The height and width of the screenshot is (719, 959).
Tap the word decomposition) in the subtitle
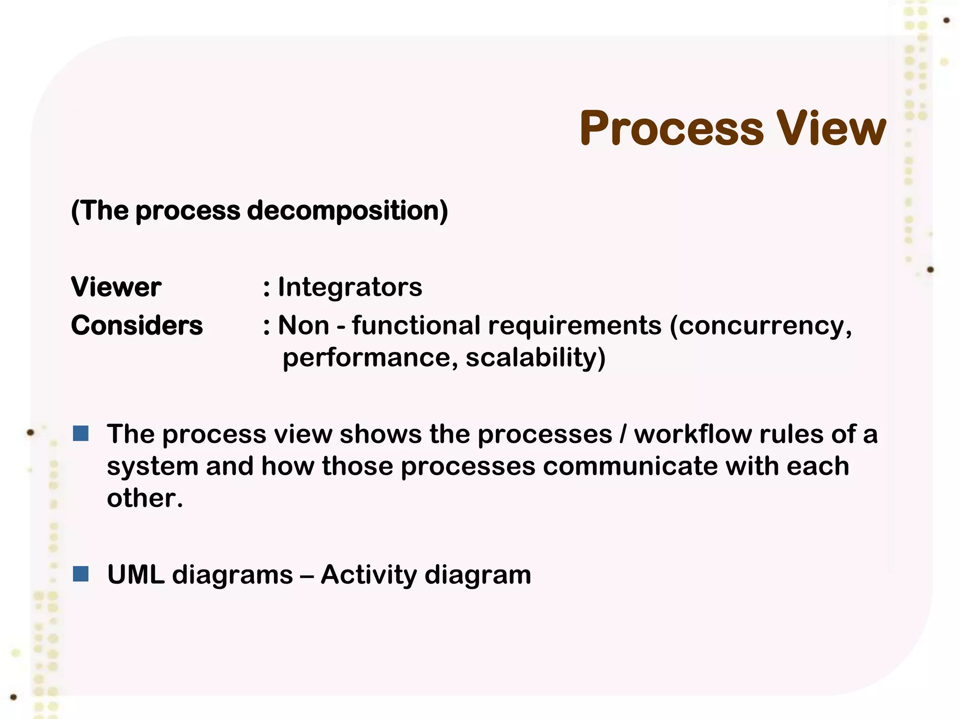pyautogui.click(x=347, y=211)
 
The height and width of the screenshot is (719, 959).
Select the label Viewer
pyautogui.click(x=116, y=287)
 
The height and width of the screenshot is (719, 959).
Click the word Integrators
pyautogui.click(x=350, y=287)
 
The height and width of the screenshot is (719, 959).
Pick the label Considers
pyautogui.click(x=137, y=325)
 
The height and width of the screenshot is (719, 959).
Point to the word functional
pyautogui.click(x=416, y=325)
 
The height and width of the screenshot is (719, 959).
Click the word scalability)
pyautogui.click(x=535, y=358)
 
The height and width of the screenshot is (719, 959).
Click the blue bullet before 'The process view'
pyautogui.click(x=81, y=433)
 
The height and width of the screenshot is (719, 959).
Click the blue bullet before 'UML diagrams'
pyautogui.click(x=81, y=573)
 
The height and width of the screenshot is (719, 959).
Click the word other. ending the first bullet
pyautogui.click(x=144, y=498)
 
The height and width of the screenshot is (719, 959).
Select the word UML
pyautogui.click(x=135, y=574)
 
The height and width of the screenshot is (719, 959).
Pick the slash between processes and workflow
pyautogui.click(x=622, y=434)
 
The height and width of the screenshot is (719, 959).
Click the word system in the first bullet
pyautogui.click(x=153, y=467)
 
